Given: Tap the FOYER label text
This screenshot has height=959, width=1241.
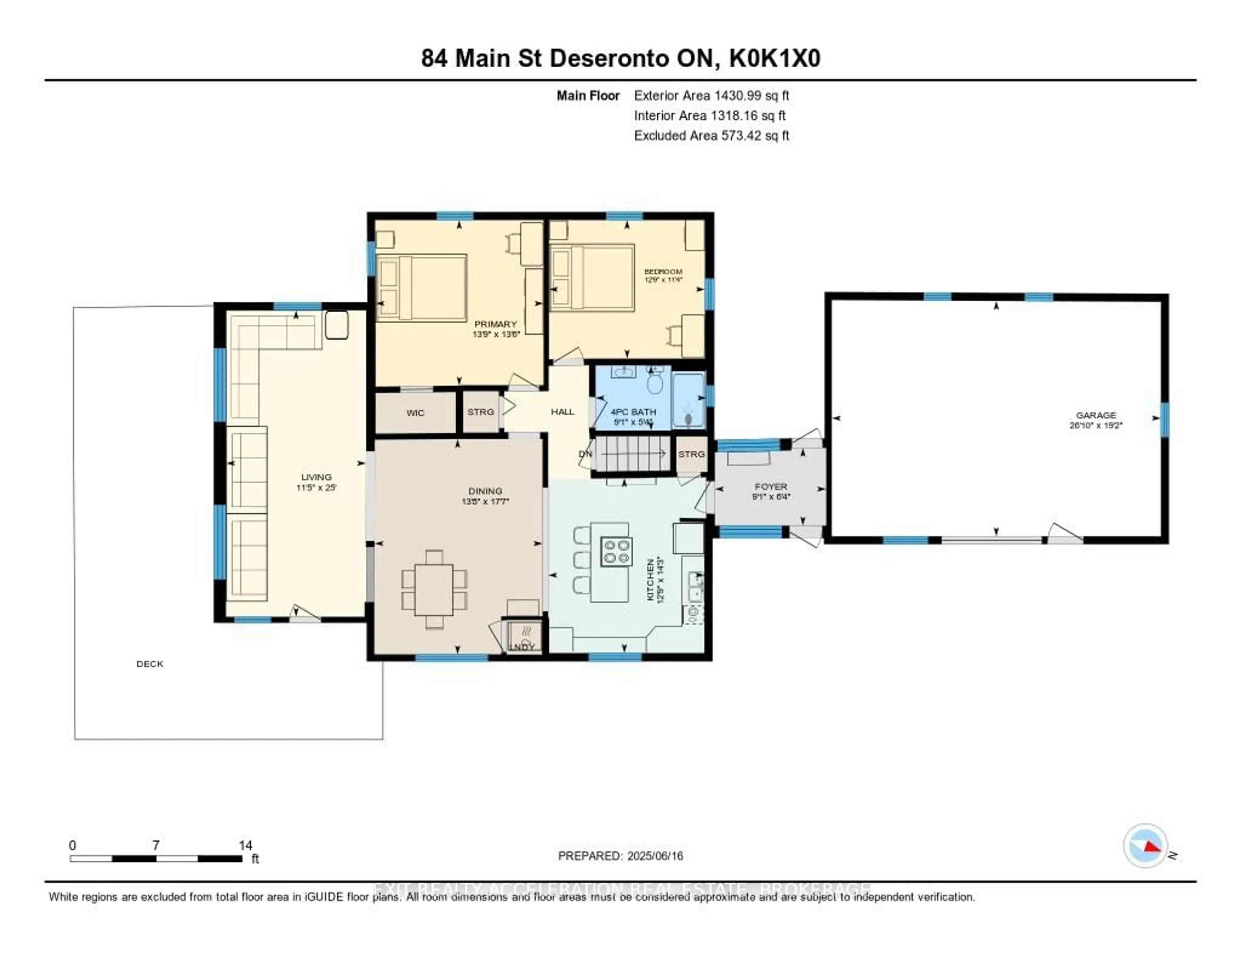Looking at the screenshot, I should coord(770,487).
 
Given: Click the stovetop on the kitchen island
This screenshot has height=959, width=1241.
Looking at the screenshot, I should coord(617,551).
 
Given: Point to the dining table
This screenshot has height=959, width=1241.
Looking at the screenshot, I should coord(434,589).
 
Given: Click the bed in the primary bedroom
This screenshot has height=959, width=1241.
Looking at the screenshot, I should coord(422,288).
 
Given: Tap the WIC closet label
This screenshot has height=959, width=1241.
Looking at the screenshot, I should coord(415,413).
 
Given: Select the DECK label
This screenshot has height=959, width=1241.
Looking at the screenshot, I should coord(149,663).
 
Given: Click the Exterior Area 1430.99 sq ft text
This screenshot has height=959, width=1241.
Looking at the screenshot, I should coord(711,95).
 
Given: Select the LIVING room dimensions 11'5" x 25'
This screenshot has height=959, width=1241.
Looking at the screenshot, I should coord(316,488).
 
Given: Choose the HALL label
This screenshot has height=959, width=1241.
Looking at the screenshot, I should coord(562,412).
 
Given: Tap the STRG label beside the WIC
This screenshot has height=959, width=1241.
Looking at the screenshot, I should coord(480,412).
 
